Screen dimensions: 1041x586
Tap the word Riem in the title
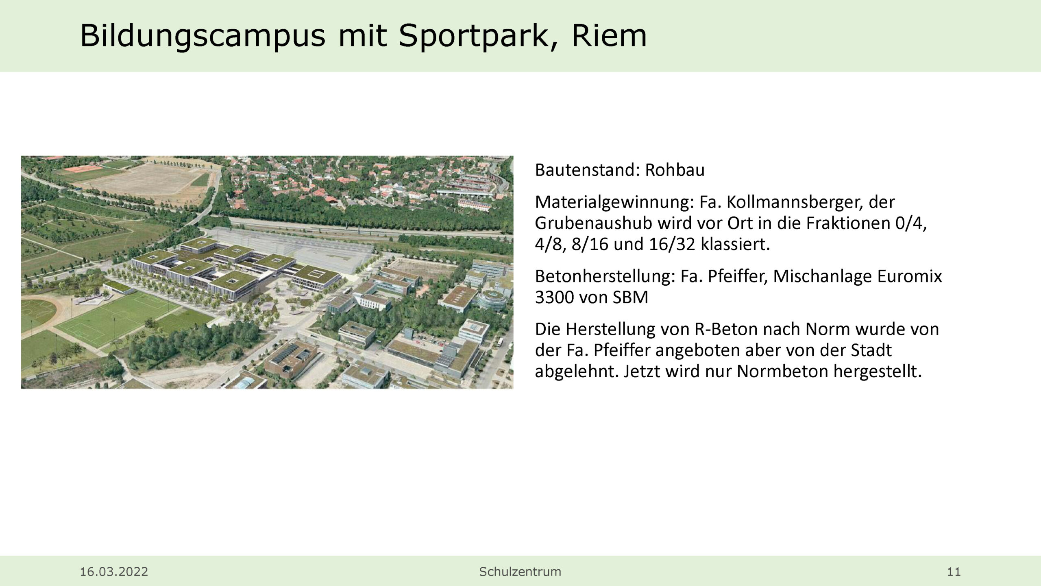click(609, 35)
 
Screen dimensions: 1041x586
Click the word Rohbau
click(675, 170)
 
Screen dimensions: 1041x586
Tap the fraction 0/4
click(910, 224)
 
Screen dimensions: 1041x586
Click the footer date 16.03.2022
click(114, 572)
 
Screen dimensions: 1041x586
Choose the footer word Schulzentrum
click(520, 572)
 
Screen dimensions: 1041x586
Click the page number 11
click(954, 572)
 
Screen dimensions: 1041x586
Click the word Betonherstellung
click(605, 276)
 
